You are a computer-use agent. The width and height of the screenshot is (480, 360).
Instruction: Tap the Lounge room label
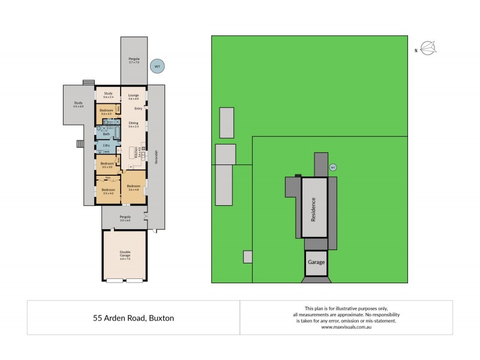pos(134,95)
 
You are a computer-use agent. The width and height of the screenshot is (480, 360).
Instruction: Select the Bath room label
pos(107,134)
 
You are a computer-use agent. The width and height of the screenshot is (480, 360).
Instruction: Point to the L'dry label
pos(106,146)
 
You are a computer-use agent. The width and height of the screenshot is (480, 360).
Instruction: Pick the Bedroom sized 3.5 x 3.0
pos(107,165)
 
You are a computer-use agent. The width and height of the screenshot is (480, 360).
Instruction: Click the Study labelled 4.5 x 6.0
pos(78,104)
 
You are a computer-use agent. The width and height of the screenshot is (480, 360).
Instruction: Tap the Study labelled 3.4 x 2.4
pos(109,95)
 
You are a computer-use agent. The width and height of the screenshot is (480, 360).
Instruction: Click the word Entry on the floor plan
pos(138,109)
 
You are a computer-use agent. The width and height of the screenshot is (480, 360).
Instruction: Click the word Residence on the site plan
pos(313,208)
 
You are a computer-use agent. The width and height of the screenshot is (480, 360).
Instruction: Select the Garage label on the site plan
pos(316,262)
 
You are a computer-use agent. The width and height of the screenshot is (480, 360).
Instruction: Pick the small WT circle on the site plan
pos(333,168)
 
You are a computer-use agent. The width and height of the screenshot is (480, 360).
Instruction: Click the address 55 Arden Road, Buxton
pos(133,318)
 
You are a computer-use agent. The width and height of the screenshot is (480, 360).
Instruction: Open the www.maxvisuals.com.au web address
pos(346,327)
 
